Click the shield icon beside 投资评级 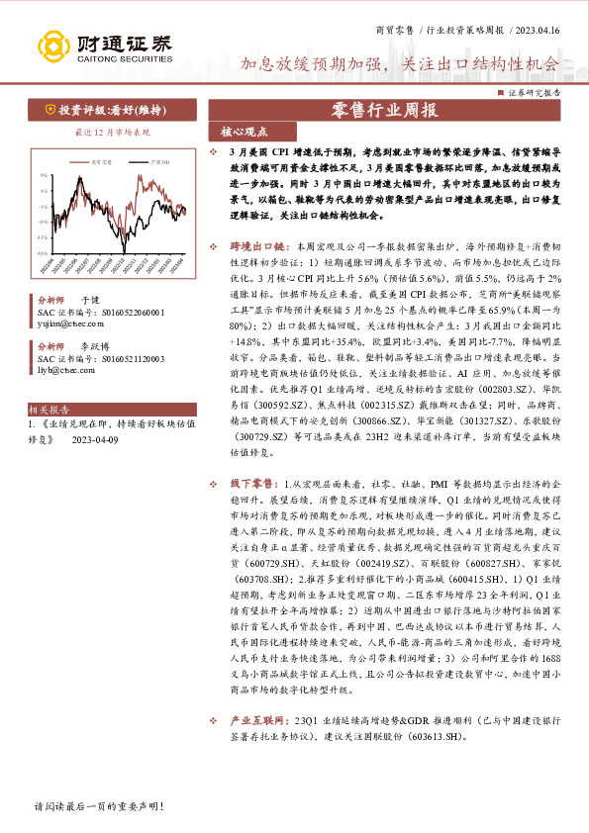tap(50, 111)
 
